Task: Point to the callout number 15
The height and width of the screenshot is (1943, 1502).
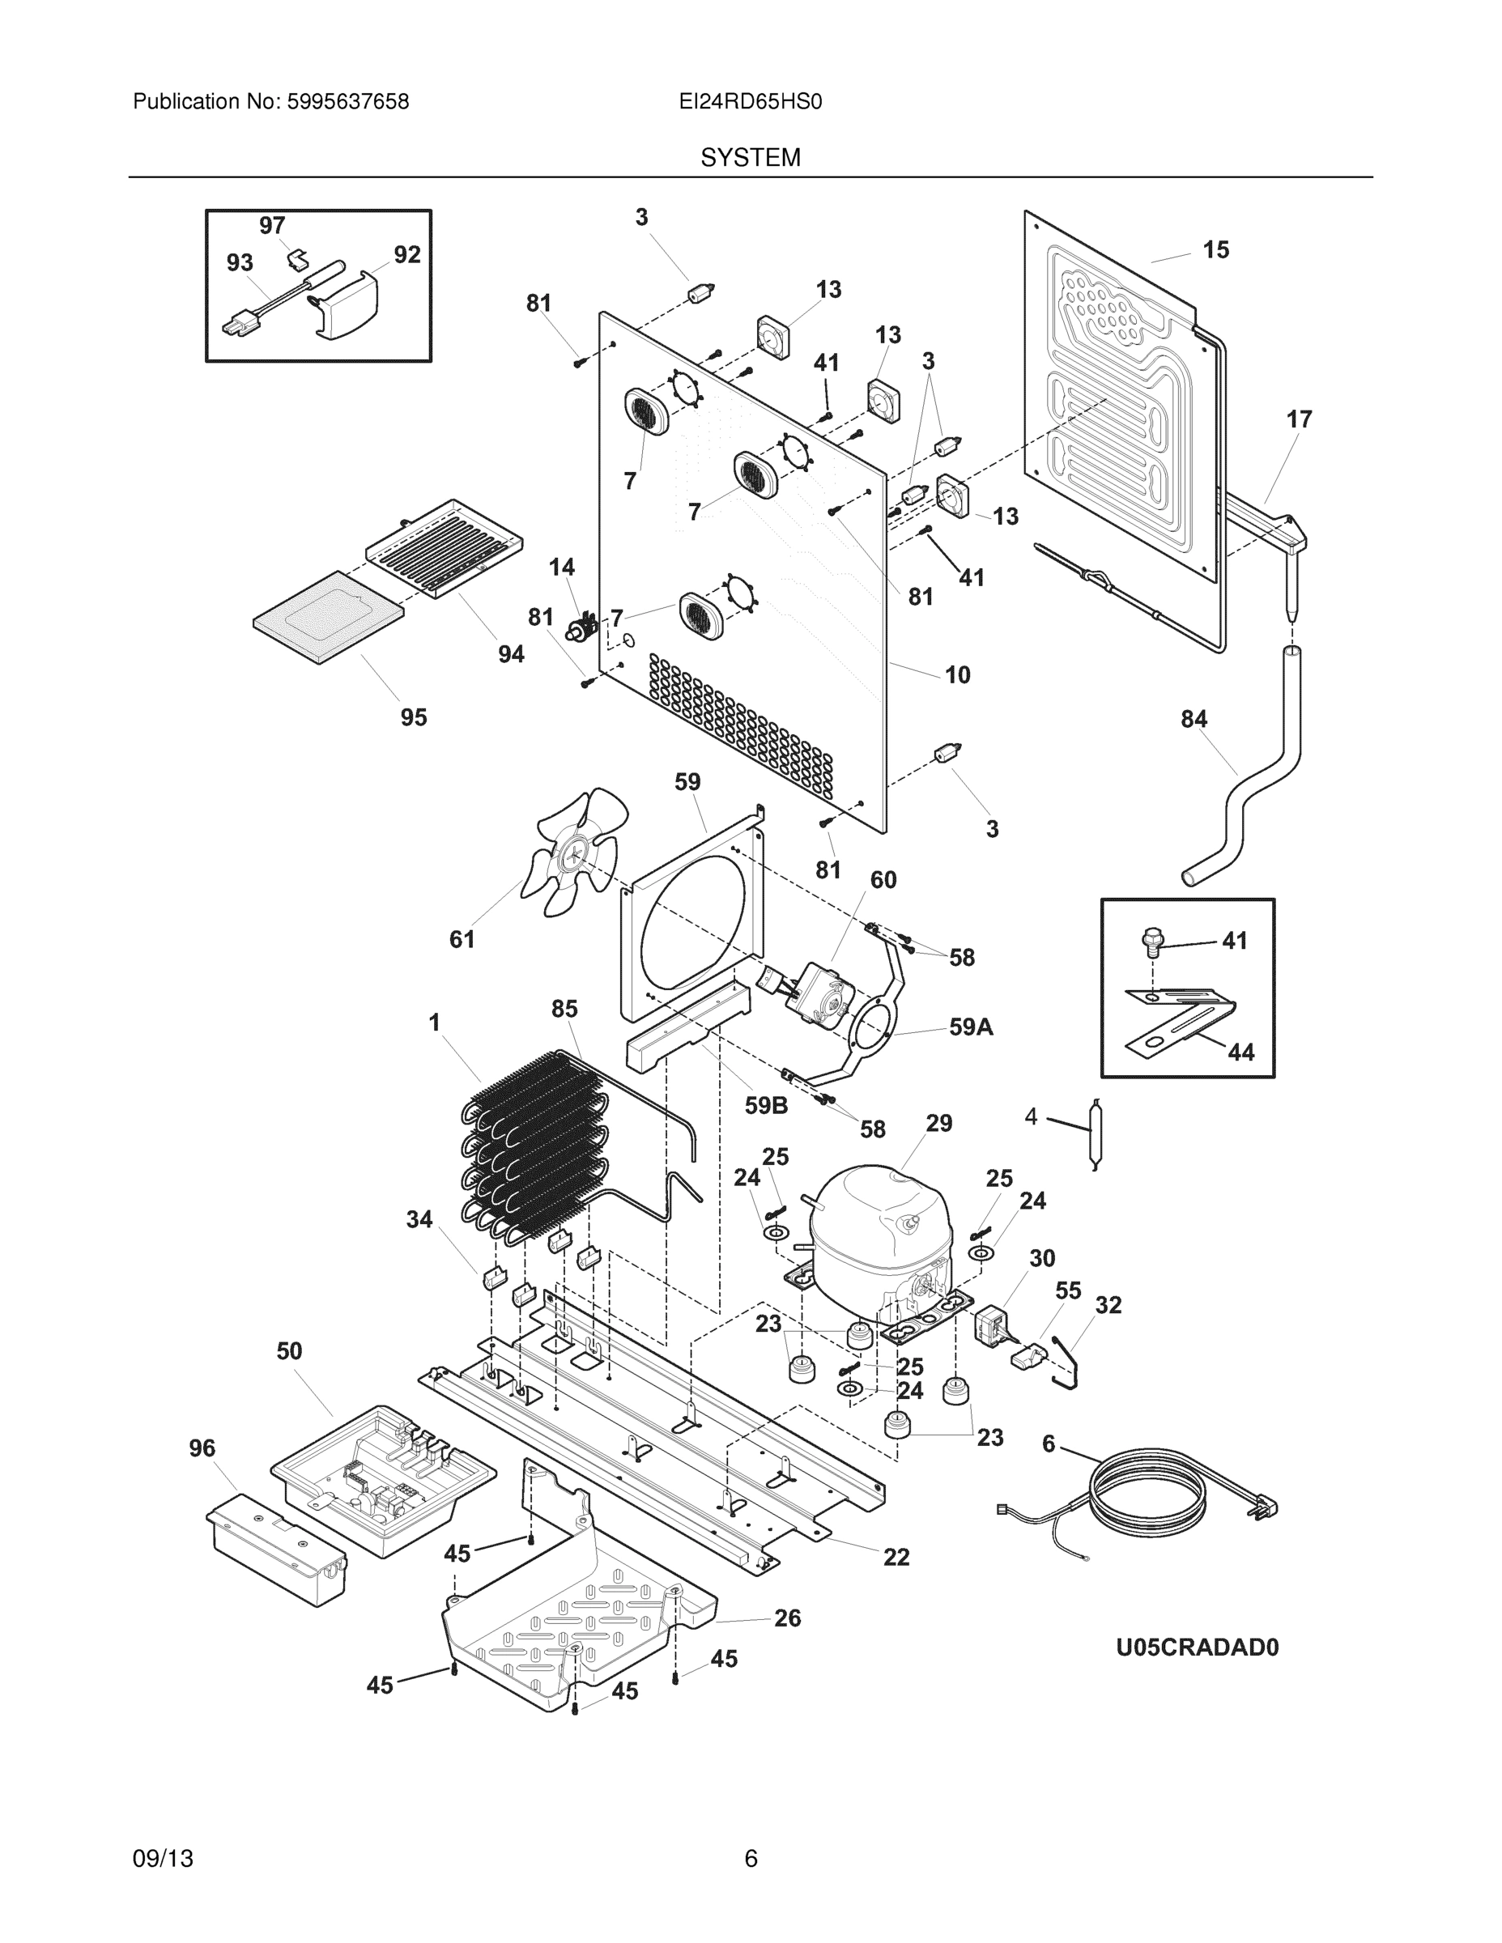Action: tap(1215, 250)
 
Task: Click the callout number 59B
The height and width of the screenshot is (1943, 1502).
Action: tap(766, 1105)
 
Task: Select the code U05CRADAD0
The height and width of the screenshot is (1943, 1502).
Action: tap(1197, 1648)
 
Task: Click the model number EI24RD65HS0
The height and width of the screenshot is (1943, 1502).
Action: tap(750, 102)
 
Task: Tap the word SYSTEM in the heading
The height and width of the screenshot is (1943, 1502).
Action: tap(750, 158)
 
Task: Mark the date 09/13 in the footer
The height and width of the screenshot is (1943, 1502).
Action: tap(163, 1859)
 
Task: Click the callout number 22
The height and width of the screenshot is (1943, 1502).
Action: tap(896, 1557)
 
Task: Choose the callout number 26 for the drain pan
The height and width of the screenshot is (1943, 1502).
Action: tap(786, 1618)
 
